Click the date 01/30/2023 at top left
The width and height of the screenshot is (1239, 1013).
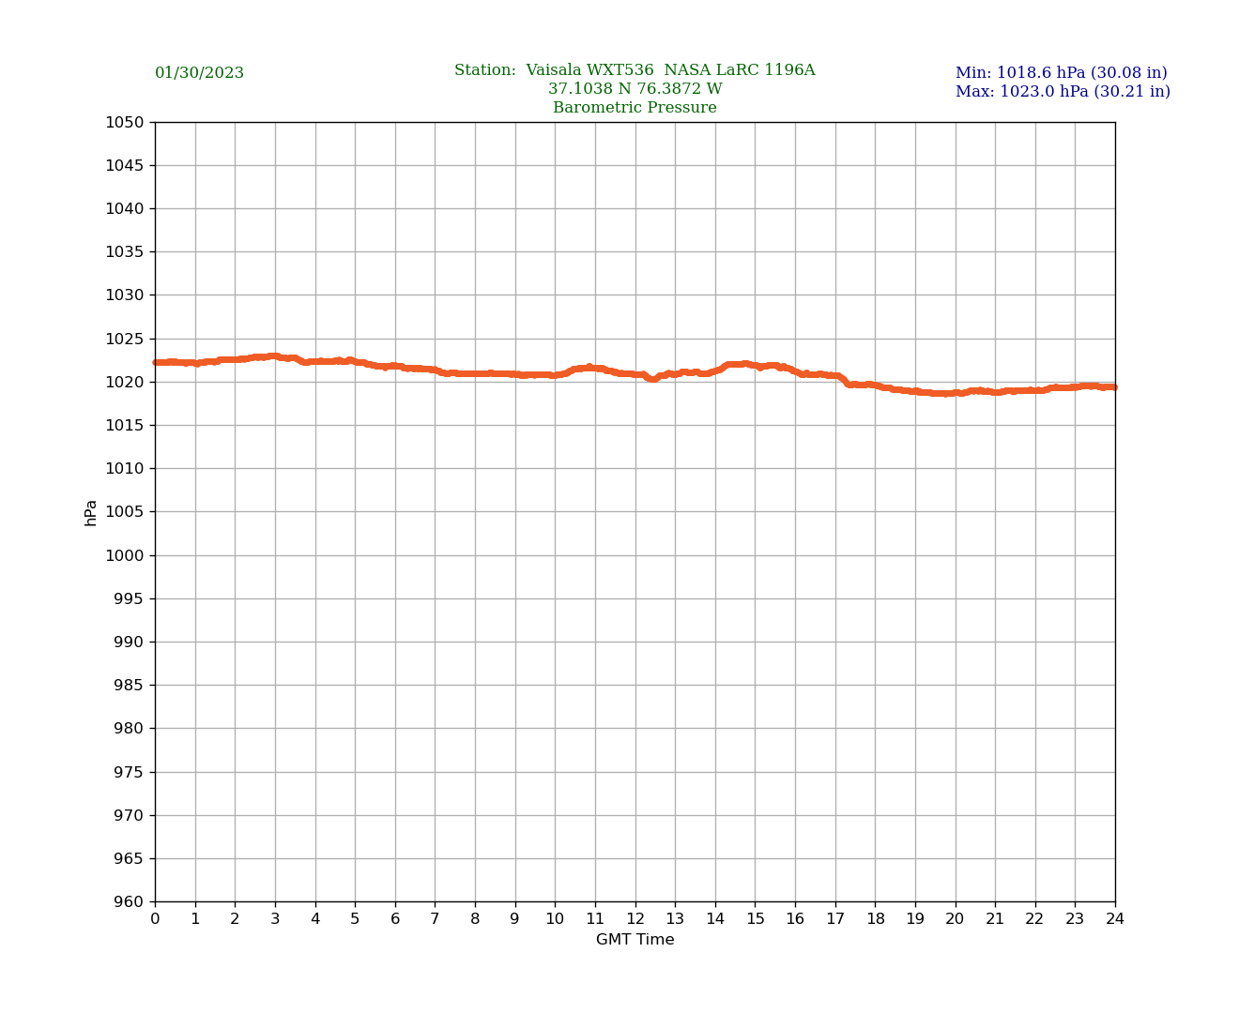click(x=199, y=73)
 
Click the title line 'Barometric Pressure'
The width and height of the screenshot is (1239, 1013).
click(x=635, y=108)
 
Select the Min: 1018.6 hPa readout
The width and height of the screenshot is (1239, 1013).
click(x=1061, y=73)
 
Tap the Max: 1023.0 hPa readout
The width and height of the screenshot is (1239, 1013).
click(x=1063, y=92)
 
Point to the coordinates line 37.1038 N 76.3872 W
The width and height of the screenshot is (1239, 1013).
click(x=635, y=89)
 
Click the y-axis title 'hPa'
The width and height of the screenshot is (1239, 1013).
click(x=91, y=512)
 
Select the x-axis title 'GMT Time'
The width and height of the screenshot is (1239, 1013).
click(x=635, y=940)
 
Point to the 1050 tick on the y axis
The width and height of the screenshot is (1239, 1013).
click(x=125, y=122)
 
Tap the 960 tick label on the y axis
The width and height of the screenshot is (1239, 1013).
click(x=129, y=902)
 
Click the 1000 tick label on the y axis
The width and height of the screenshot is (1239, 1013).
click(x=125, y=555)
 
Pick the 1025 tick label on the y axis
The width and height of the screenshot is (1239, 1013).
click(x=125, y=339)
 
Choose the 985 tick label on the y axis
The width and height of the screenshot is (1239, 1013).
click(x=129, y=686)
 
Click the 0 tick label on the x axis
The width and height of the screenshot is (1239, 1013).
click(x=155, y=919)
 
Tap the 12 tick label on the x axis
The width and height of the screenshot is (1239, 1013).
click(x=635, y=919)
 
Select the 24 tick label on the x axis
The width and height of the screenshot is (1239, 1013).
click(x=1115, y=919)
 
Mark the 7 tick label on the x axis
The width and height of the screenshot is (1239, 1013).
click(x=435, y=919)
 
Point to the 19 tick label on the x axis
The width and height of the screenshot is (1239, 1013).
click(x=915, y=919)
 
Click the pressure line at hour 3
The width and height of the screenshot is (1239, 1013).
click(x=275, y=356)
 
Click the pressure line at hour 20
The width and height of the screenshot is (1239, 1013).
click(x=956, y=393)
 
